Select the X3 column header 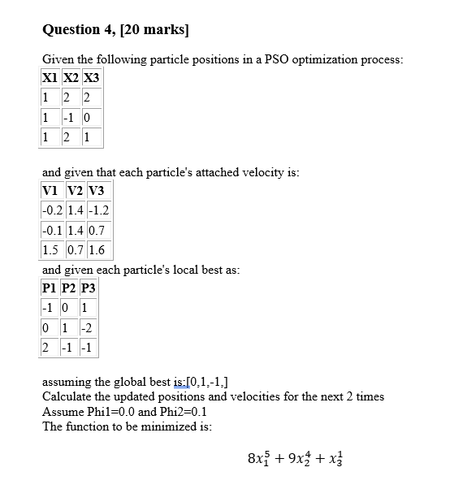(91, 80)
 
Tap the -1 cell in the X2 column (71, 117)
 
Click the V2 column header (76, 192)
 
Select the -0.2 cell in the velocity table (53, 210)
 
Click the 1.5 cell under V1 (50, 249)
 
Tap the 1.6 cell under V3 (96, 249)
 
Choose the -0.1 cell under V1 (53, 230)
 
